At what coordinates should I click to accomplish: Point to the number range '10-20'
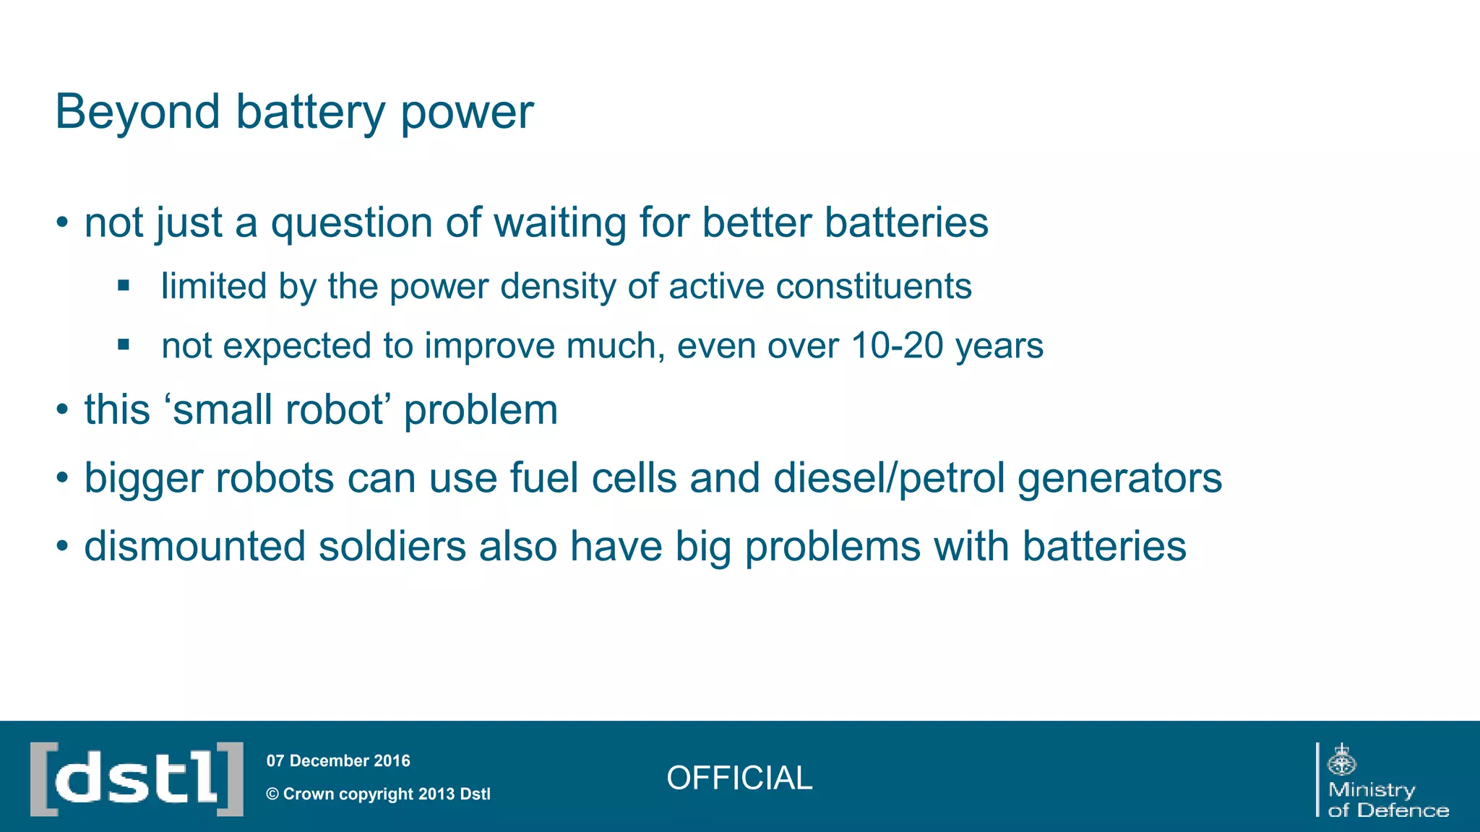(897, 346)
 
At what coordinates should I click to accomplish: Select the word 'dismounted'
(195, 546)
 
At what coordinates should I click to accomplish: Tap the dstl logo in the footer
(137, 779)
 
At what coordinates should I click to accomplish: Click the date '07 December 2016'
(338, 760)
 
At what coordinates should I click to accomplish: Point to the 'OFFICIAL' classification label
(739, 779)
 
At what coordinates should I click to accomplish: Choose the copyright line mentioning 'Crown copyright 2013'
(379, 794)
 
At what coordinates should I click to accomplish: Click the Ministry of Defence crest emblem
(1342, 760)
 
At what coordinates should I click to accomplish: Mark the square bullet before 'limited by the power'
(124, 286)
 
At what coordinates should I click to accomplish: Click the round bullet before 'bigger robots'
(63, 478)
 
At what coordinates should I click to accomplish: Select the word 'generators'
(1119, 478)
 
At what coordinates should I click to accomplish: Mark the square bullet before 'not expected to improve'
(124, 345)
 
